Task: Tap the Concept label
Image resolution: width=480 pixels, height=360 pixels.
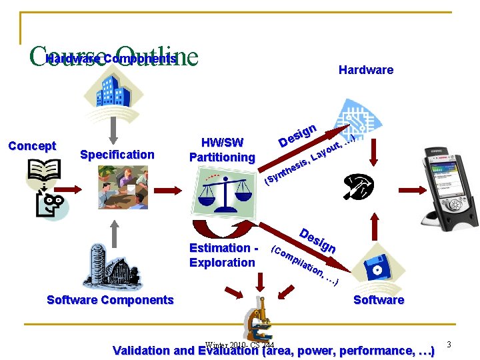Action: (31, 146)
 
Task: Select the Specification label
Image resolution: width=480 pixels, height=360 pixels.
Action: (117, 155)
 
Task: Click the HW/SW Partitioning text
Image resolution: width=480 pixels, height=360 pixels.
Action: (222, 149)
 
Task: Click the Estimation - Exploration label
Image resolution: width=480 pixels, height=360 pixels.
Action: (223, 255)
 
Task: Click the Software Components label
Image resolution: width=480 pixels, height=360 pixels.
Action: (110, 300)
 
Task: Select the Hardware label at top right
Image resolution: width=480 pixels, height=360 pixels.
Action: (365, 70)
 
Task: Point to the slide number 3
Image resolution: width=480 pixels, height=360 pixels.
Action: (449, 345)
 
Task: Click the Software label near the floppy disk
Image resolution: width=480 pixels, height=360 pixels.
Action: (379, 300)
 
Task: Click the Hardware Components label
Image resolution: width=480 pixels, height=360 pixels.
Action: (111, 59)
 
